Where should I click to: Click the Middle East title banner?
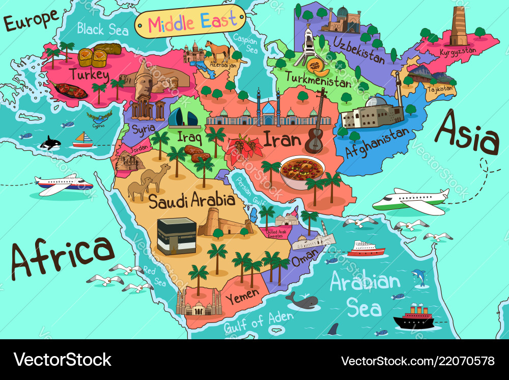[x=190, y=22]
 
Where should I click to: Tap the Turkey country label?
[x=90, y=75]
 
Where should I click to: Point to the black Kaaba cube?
[x=177, y=235]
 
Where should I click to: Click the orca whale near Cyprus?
[x=50, y=143]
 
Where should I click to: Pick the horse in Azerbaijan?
[x=218, y=51]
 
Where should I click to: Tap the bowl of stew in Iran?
[x=302, y=172]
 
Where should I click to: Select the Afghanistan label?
[x=377, y=143]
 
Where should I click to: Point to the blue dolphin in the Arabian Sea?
[x=418, y=276]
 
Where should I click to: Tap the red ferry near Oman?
[x=366, y=249]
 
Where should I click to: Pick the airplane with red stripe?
[x=63, y=184]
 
